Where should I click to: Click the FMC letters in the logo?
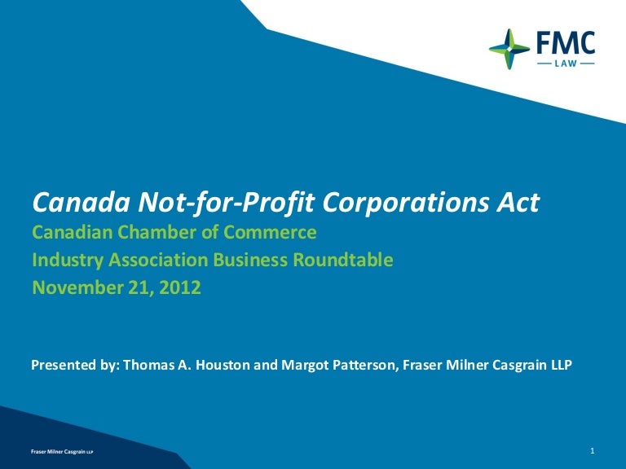[565, 42]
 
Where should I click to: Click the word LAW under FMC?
[565, 63]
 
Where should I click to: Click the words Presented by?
[74, 366]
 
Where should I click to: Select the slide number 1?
[592, 449]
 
